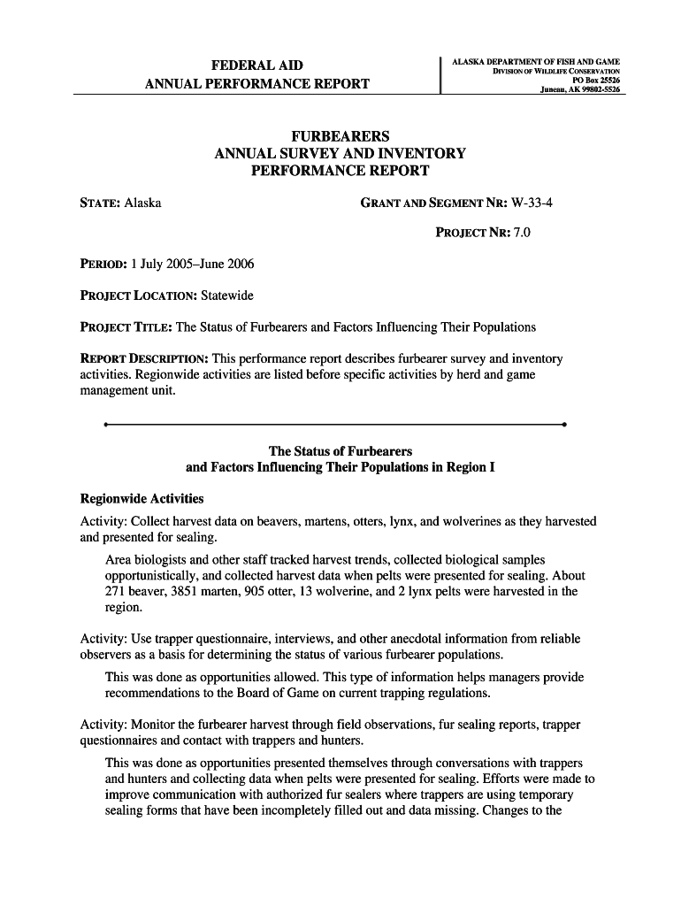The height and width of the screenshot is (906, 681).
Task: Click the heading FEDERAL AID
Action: pyautogui.click(x=256, y=65)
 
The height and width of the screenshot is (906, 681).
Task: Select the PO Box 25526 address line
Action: pyautogui.click(x=597, y=81)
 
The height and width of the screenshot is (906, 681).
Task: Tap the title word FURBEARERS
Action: pyautogui.click(x=340, y=137)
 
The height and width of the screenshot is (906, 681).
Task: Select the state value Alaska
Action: pyautogui.click(x=142, y=203)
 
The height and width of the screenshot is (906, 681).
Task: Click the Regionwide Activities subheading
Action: pyautogui.click(x=142, y=498)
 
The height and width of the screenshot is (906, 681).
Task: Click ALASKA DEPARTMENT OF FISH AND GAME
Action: pyautogui.click(x=535, y=62)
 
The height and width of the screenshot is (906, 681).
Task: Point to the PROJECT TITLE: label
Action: pyautogui.click(x=126, y=327)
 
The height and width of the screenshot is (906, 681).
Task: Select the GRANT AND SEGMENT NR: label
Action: pyautogui.click(x=433, y=203)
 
